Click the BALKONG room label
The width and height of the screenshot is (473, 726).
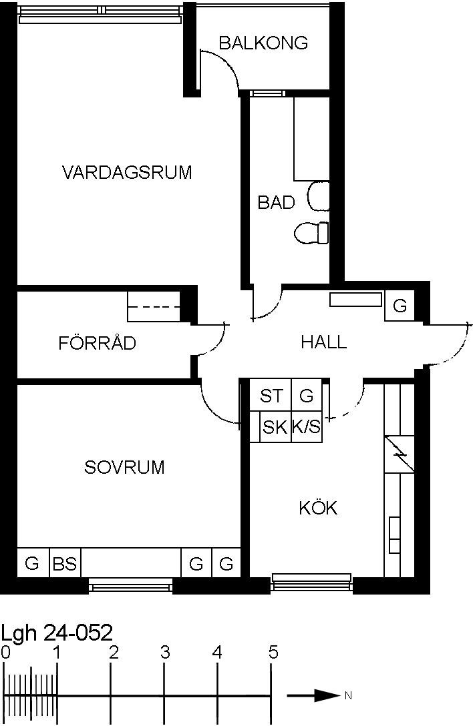tap(263, 43)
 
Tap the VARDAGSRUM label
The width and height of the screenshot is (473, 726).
tap(127, 172)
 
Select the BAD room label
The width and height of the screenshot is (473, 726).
tap(276, 202)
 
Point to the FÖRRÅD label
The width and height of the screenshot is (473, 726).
tap(98, 342)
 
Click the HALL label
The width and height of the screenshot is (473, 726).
tap(323, 342)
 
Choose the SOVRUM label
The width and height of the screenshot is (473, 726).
tap(124, 467)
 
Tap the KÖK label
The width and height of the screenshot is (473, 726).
tap(318, 507)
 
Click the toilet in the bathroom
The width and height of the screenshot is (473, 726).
tap(311, 232)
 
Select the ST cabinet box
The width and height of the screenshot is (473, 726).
tap(271, 395)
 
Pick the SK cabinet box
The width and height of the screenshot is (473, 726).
tap(275, 426)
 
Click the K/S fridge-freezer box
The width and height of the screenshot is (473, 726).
tap(307, 426)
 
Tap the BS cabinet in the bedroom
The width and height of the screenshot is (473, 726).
tap(65, 563)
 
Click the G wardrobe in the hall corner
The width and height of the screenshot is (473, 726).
tap(400, 306)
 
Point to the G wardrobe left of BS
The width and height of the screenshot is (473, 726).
tap(33, 563)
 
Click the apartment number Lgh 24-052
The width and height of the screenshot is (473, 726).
tap(57, 633)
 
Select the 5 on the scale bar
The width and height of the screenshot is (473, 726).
tap(273, 653)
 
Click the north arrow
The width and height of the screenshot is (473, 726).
tap(313, 695)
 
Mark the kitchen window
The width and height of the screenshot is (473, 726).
tap(311, 582)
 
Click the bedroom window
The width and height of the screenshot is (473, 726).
tap(131, 587)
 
